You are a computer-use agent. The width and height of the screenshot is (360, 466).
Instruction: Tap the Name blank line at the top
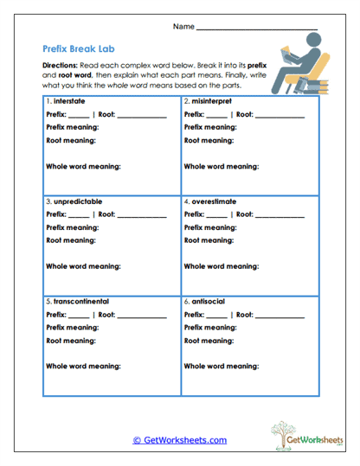(x=257, y=28)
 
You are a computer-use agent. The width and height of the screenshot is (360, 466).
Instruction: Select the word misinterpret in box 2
(x=210, y=101)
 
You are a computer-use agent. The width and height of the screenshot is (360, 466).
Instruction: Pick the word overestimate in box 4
(x=212, y=201)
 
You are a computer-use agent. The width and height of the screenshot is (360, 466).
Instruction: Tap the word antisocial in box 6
(x=206, y=301)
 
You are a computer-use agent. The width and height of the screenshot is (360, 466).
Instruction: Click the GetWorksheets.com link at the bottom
(x=179, y=439)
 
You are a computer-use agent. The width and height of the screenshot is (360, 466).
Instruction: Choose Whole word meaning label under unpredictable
(x=83, y=266)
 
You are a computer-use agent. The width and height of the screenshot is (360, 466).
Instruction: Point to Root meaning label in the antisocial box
(x=209, y=342)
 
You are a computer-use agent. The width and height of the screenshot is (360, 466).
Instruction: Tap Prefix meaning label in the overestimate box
(x=213, y=227)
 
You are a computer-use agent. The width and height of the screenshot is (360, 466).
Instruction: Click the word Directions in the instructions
(x=60, y=66)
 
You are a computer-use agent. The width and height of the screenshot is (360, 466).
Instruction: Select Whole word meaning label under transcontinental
(x=83, y=366)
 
